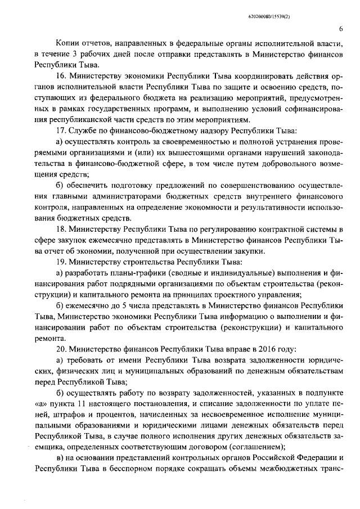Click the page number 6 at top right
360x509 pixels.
click(x=341, y=30)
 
